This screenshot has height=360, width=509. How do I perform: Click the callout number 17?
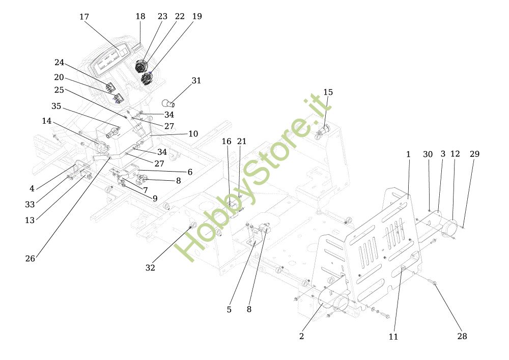[84, 17]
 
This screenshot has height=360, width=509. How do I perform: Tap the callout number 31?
[196, 80]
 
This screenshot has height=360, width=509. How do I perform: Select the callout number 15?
[328, 92]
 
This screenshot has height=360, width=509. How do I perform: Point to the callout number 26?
[30, 259]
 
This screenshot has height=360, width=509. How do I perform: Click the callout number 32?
[150, 268]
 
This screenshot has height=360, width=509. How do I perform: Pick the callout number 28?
[462, 336]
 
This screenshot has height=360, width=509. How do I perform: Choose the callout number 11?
[393, 337]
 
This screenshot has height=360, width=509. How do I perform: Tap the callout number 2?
[301, 336]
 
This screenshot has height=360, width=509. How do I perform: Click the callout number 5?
[229, 310]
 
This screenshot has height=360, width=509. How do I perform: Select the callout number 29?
[474, 154]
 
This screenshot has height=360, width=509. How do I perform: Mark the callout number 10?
[193, 134]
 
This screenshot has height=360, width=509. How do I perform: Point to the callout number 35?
[56, 106]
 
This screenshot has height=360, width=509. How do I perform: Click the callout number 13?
[30, 220]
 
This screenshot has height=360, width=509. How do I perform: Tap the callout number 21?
[241, 142]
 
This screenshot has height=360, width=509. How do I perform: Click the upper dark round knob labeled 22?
[141, 66]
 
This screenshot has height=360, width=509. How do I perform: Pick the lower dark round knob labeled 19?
[147, 78]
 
